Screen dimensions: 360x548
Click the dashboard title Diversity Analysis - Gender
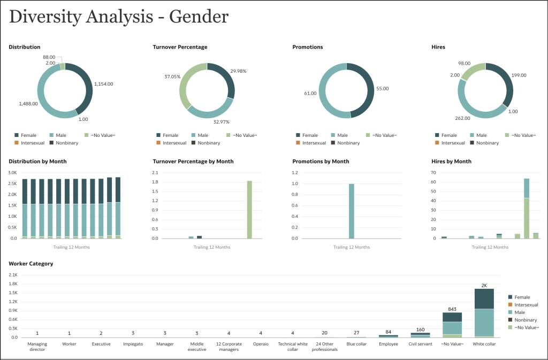[x=118, y=17]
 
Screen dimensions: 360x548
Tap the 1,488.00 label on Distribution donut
[x=28, y=104]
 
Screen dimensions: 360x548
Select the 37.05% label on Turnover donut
[x=172, y=76]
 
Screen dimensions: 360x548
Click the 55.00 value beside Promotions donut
[x=383, y=88]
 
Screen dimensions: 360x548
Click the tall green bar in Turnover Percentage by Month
[x=249, y=209]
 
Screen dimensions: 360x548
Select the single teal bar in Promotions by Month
[x=352, y=211]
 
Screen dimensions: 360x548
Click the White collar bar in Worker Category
[x=484, y=313]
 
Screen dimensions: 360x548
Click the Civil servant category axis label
[x=420, y=344]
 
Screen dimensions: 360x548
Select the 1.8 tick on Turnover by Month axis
[x=156, y=182]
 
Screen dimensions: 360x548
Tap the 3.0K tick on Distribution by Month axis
[x=13, y=173]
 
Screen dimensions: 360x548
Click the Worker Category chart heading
[x=31, y=264]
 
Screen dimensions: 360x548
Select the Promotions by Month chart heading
[x=321, y=161]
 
